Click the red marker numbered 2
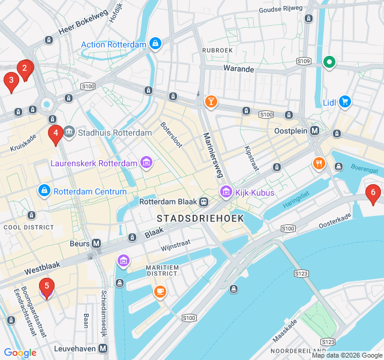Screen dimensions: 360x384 (25, 68)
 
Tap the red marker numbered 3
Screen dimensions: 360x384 (11, 80)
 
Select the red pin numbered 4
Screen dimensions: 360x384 (55, 134)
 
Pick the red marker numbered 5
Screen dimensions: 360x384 (47, 287)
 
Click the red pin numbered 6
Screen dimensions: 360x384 (373, 193)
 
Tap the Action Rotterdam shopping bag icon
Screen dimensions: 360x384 (155, 44)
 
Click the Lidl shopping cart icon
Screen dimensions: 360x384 (344, 102)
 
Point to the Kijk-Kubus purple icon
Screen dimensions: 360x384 (226, 193)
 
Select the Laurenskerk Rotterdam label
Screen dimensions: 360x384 (94, 163)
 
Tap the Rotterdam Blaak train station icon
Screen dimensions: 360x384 (204, 202)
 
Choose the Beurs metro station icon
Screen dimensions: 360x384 (97, 244)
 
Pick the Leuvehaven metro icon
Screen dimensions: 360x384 (103, 348)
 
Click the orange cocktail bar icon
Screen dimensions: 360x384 (211, 101)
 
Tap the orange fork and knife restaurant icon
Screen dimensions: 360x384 (319, 163)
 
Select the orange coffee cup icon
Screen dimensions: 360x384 (160, 292)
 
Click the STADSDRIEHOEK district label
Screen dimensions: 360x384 (200, 218)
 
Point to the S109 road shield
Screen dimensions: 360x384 (304, 61)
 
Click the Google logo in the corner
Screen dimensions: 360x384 (20, 353)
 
